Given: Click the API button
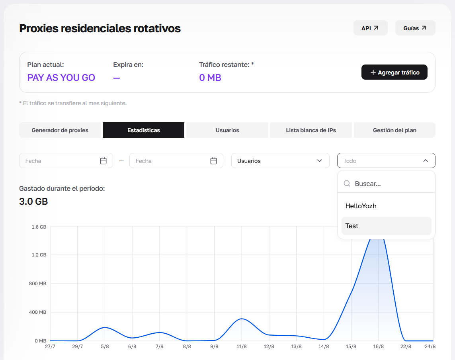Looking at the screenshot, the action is [x=370, y=28].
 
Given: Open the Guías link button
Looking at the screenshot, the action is [x=415, y=28].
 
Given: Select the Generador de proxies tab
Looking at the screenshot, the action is [x=60, y=130].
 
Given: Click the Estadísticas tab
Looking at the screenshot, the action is [x=144, y=130].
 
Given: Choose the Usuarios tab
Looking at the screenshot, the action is [x=227, y=130].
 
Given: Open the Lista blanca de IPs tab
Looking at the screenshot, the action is [x=311, y=130].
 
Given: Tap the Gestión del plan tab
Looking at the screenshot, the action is [x=394, y=130].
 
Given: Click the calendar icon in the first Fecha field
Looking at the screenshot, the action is [x=103, y=160].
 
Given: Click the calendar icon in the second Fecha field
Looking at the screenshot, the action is [x=214, y=160].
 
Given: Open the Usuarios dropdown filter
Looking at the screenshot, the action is [x=280, y=160].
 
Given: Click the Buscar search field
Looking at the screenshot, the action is [x=386, y=184].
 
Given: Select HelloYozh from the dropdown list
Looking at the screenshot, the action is [x=361, y=206].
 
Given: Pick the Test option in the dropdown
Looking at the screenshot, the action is [x=352, y=226].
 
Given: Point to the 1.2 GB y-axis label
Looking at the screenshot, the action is [x=39, y=255].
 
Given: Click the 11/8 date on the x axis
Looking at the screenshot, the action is [x=241, y=346].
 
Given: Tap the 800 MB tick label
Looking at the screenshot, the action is [x=37, y=284].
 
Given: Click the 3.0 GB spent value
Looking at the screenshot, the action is [x=33, y=201].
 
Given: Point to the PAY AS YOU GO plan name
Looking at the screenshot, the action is [x=61, y=78].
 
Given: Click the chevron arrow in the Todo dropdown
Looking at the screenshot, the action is [x=426, y=160].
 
